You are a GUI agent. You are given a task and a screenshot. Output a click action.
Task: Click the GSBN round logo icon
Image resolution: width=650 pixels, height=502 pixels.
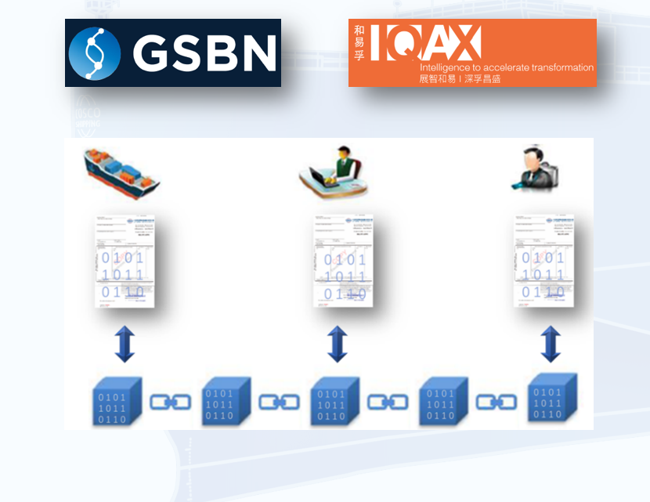[x=95, y=53]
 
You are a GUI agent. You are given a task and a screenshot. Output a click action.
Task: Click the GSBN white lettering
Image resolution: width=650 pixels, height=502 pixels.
[x=204, y=53]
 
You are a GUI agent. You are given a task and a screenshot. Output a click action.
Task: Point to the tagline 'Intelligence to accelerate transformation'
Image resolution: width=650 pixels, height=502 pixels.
[x=507, y=68]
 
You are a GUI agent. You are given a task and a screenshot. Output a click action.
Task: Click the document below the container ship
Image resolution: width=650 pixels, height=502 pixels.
[x=124, y=260]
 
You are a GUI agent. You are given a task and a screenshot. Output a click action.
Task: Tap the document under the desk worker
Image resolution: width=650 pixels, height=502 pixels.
[x=343, y=260]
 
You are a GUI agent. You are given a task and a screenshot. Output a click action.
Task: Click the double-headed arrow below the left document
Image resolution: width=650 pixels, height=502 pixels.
[x=125, y=345]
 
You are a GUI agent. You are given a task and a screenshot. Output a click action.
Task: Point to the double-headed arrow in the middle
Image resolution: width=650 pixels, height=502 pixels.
[x=337, y=345]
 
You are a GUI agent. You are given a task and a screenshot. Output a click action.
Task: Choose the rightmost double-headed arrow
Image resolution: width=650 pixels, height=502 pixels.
[x=551, y=345]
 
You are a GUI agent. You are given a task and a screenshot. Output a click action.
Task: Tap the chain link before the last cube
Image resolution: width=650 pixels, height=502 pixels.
[x=494, y=402]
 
